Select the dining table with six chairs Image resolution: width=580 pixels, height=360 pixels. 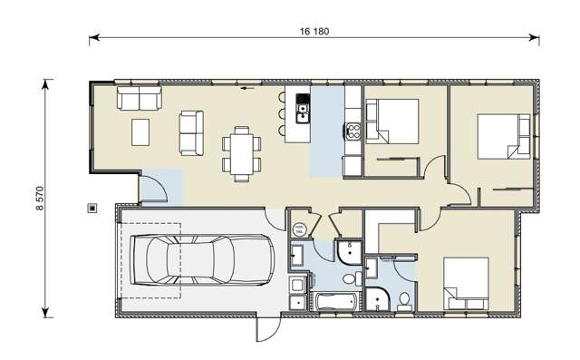(242, 151)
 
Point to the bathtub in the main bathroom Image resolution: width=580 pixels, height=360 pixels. (335, 301)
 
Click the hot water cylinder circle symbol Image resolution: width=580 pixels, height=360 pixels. (301, 229)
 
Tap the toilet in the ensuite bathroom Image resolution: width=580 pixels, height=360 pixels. (404, 300)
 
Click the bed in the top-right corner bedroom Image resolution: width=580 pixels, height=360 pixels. (504, 136)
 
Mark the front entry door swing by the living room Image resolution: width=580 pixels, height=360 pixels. (156, 187)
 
